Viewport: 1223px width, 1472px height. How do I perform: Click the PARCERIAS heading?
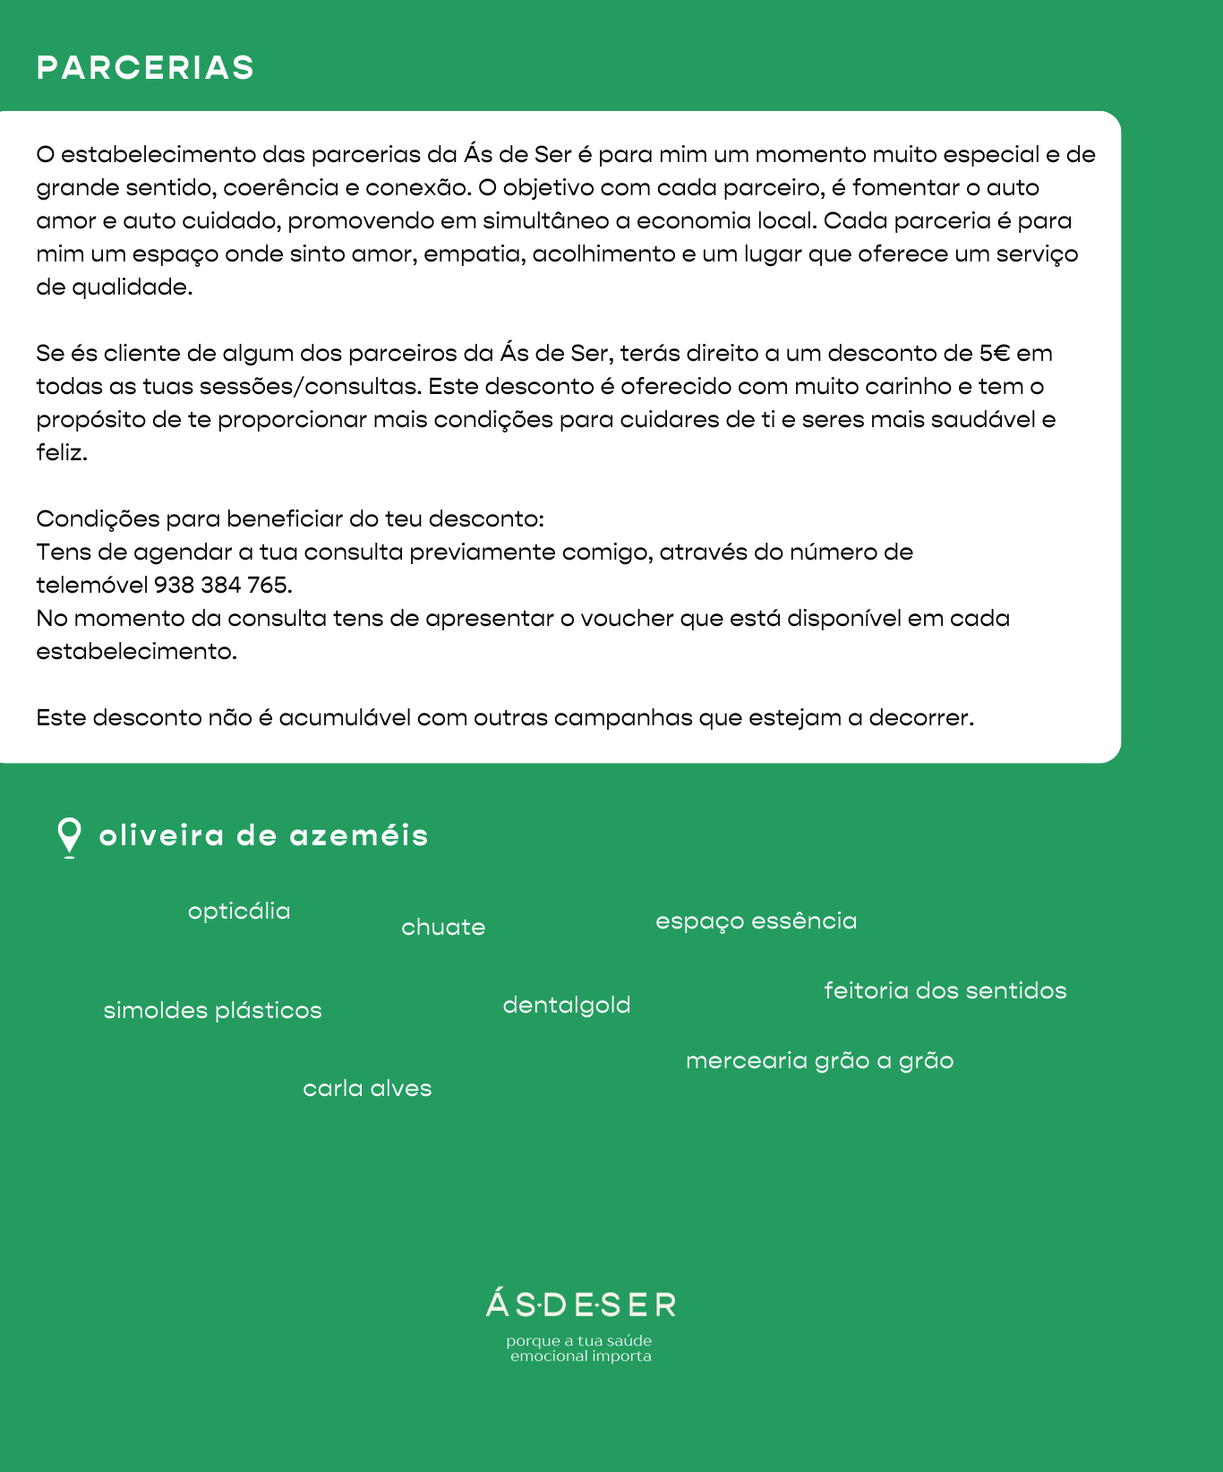[x=145, y=68]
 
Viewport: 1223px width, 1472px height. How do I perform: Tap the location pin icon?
[x=69, y=836]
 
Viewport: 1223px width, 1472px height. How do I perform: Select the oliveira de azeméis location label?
[x=263, y=835]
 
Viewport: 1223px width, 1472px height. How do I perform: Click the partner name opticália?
[x=239, y=911]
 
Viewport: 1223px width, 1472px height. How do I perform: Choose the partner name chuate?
[x=443, y=927]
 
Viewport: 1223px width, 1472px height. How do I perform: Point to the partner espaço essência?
[x=756, y=921]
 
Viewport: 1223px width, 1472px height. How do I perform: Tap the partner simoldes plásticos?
[x=212, y=1011]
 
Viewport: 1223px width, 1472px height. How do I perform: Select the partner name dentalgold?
[x=567, y=1006]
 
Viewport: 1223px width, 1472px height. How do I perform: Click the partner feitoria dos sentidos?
[x=945, y=991]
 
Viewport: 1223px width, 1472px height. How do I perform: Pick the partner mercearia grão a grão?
[x=819, y=1061]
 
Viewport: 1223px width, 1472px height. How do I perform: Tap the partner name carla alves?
[x=367, y=1089]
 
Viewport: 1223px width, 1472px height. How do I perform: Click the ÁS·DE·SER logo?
[x=581, y=1305]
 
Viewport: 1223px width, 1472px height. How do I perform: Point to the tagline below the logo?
[x=580, y=1348]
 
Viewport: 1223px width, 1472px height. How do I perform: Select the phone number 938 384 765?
[x=223, y=586]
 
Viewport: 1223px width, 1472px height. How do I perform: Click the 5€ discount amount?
[x=995, y=354]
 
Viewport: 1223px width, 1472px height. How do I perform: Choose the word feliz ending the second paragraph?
[x=61, y=453]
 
